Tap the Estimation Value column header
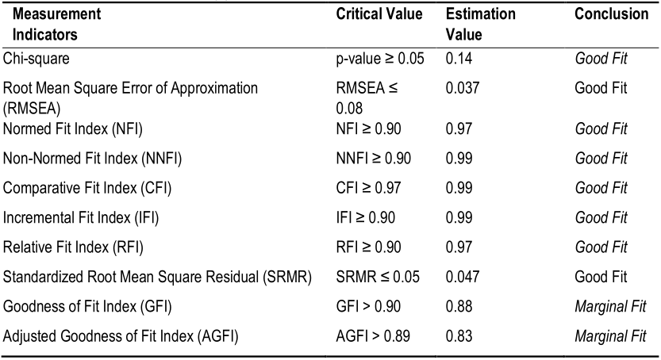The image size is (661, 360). (x=480, y=25)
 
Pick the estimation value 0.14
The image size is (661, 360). (x=456, y=58)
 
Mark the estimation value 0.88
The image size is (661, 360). (x=456, y=306)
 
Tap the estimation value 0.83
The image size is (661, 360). (x=456, y=336)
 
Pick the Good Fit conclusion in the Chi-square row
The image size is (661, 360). (x=601, y=58)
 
